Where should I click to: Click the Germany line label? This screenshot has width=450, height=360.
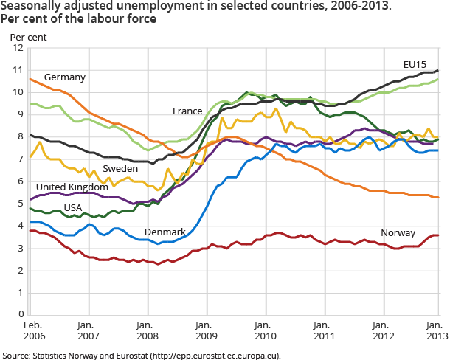(x=65, y=77)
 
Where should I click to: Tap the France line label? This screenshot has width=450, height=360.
(x=187, y=111)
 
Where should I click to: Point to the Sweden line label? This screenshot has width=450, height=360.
(x=120, y=168)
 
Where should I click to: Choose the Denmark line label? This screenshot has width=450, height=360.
(x=165, y=232)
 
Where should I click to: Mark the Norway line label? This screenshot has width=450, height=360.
(x=398, y=233)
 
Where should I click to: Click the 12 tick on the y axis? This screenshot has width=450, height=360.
(x=18, y=48)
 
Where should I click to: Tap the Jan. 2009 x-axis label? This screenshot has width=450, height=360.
(x=204, y=330)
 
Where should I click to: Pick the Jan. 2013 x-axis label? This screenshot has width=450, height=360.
(x=435, y=330)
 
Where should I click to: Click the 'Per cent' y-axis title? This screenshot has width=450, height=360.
(x=24, y=35)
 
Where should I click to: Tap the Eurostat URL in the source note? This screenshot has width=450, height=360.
(x=218, y=355)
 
